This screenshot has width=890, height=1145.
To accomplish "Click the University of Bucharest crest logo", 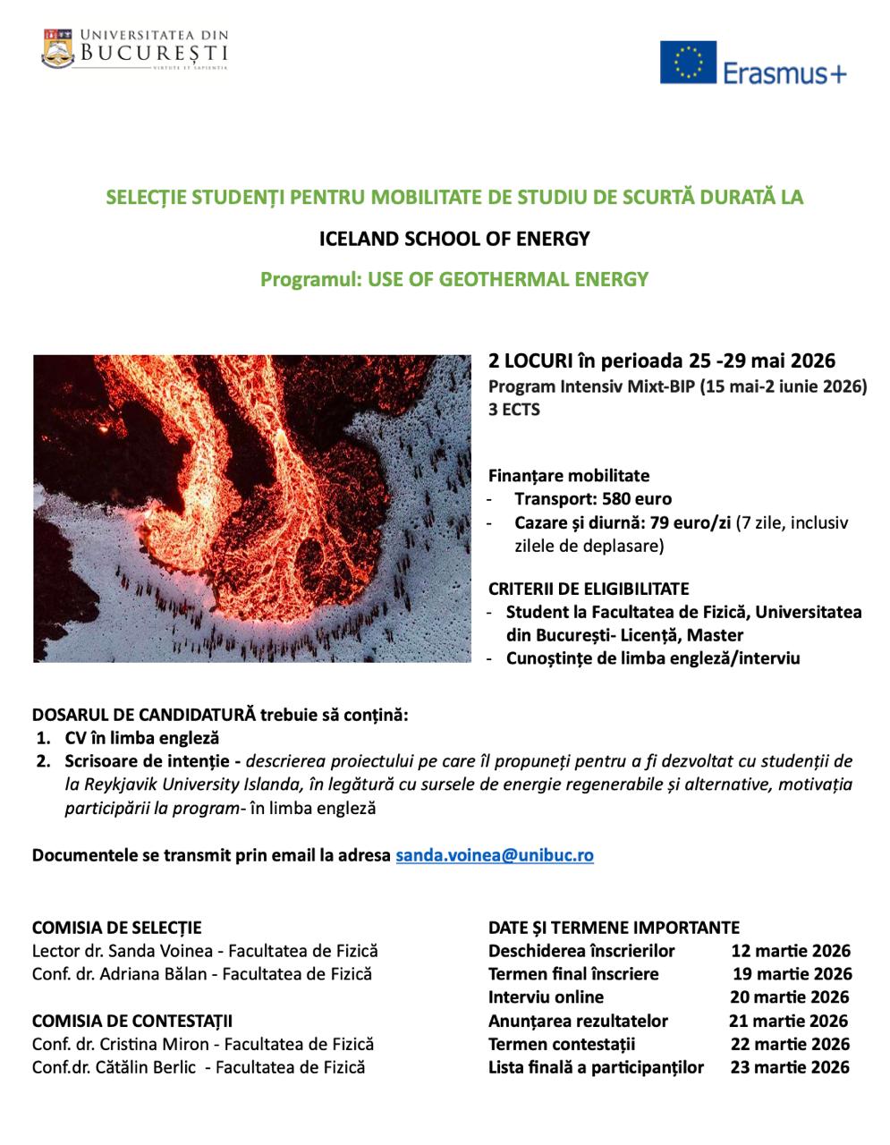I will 58,49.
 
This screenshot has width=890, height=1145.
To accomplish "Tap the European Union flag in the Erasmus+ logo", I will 688,63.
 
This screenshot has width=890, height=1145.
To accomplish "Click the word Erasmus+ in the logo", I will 784,72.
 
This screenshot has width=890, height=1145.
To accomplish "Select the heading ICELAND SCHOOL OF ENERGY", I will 454,239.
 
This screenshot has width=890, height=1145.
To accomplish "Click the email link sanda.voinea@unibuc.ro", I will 495,855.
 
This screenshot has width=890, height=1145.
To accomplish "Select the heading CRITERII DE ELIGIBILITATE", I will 589,589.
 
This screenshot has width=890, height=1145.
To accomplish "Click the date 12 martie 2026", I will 791,951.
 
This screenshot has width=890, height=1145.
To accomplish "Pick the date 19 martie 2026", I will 793,974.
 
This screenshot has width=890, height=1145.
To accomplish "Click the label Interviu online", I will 546,997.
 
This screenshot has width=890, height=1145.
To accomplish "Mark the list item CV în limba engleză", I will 141,739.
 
